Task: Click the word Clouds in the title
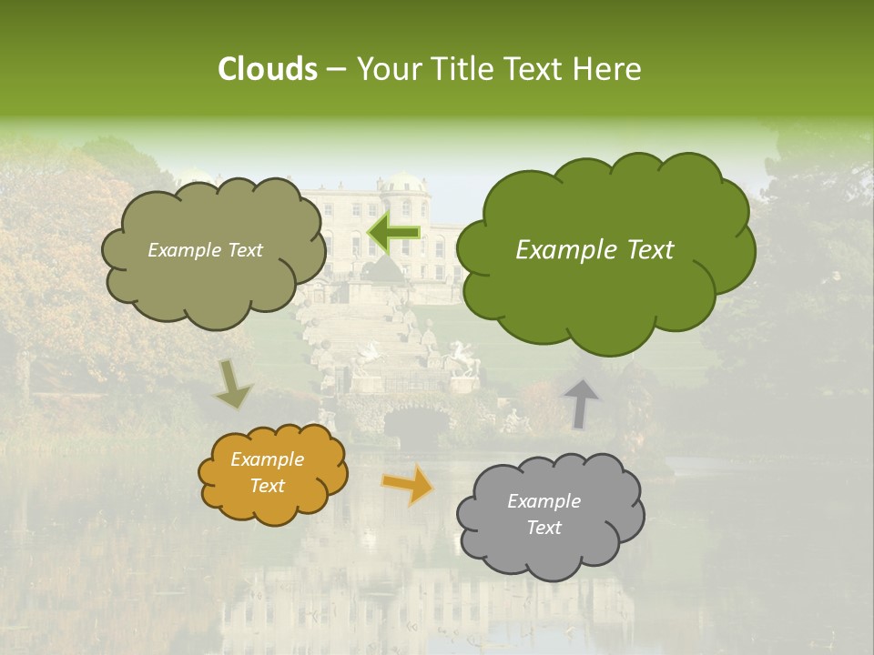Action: (x=267, y=69)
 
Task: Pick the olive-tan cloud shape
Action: (x=214, y=282)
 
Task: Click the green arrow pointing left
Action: (x=393, y=233)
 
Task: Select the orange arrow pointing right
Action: (x=408, y=484)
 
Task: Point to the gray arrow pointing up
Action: (x=581, y=402)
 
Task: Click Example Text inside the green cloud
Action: (x=595, y=250)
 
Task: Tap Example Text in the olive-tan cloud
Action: (x=205, y=250)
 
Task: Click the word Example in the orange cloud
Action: (x=267, y=459)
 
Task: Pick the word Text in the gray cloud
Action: (x=544, y=528)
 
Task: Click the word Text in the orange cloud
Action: (x=267, y=486)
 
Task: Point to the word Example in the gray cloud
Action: (x=544, y=501)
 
